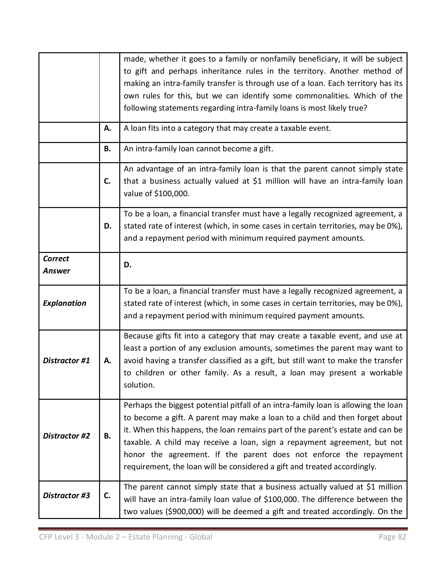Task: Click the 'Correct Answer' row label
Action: pyautogui.click(x=56, y=265)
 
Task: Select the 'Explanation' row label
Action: pyautogui.click(x=64, y=303)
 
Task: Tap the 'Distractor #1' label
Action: pyautogui.click(x=66, y=361)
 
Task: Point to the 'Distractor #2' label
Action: pyautogui.click(x=66, y=436)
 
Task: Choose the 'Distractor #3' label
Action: pyautogui.click(x=66, y=496)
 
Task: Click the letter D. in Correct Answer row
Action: pyautogui.click(x=128, y=265)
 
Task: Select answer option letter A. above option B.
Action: pyautogui.click(x=108, y=129)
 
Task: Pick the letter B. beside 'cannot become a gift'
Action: pyautogui.click(x=108, y=149)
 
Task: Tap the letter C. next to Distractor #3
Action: pyautogui.click(x=108, y=496)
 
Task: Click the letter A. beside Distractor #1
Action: pyautogui.click(x=108, y=361)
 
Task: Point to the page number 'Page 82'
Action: pyautogui.click(x=392, y=537)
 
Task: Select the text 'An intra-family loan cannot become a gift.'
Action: pyautogui.click(x=198, y=149)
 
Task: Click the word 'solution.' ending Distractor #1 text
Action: pyautogui.click(x=139, y=385)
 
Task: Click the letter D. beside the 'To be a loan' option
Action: pyautogui.click(x=108, y=226)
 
